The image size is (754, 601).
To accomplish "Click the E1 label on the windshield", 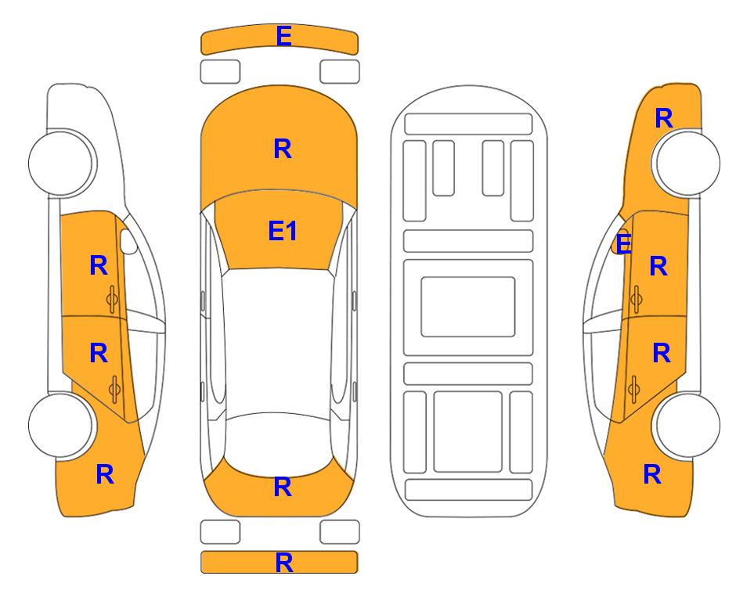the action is (283, 231).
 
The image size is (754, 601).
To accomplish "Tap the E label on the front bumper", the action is (283, 36).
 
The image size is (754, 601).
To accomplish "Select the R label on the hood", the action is (283, 149).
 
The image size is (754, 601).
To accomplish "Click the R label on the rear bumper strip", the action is (283, 563).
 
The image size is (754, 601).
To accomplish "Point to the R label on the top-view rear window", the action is (283, 487).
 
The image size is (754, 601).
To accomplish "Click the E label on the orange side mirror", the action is (623, 243).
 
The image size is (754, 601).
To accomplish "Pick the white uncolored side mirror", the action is (128, 241).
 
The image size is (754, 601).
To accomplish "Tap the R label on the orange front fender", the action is (664, 118).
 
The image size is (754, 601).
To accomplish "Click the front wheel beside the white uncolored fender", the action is (62, 163).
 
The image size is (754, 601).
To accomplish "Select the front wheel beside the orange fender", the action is (687, 163).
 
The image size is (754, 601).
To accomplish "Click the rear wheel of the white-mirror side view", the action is (62, 425).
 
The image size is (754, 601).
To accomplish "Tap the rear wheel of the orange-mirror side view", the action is (687, 425).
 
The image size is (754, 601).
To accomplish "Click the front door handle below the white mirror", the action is (113, 299).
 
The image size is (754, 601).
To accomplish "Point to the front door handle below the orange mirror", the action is (636, 299).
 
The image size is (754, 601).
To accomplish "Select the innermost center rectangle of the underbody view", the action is (468, 307).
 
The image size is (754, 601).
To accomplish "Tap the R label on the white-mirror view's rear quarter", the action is (105, 474).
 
